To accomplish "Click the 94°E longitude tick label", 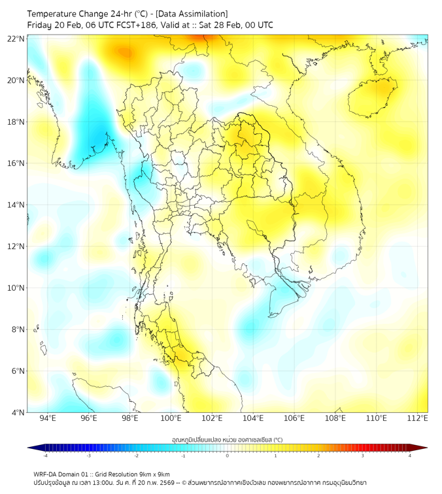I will tap(48, 418).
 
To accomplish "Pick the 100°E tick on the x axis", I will tap(171, 418).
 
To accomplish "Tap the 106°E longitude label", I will tap(295, 418).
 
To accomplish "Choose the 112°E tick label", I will tap(418, 418).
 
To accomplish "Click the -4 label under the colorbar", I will tap(45, 455).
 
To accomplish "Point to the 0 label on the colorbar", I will tap(228, 455).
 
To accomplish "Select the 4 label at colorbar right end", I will tap(410, 455).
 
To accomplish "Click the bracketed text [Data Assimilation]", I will tap(194, 14).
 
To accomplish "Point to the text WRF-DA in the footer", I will tap(47, 474).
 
